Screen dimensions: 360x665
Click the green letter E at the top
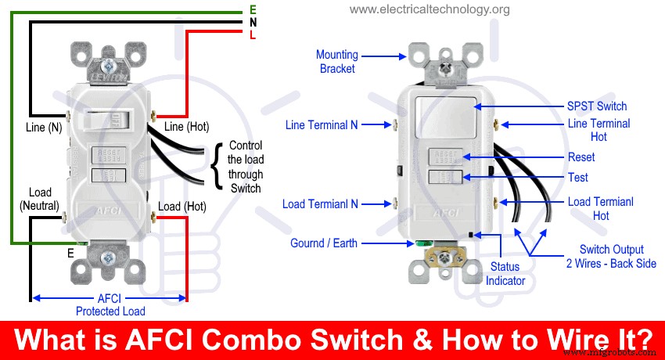252,9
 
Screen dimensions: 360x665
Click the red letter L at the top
252,36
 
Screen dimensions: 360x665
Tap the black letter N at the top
252,23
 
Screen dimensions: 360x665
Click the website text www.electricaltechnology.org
430,10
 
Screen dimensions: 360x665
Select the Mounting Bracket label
337,62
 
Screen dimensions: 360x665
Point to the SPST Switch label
596,106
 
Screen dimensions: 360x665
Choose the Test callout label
577,178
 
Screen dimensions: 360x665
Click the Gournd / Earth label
324,243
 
